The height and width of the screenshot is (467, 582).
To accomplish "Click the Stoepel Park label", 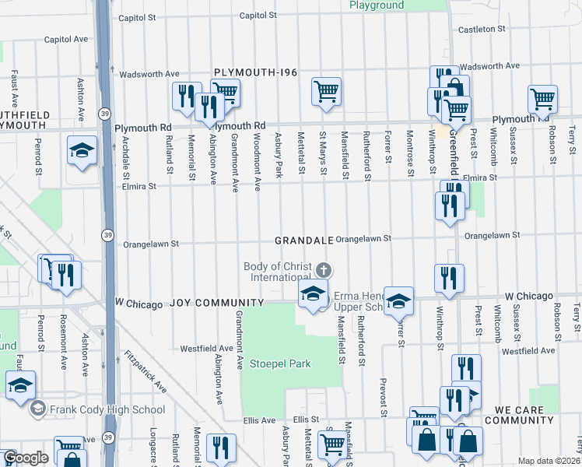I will [x=279, y=363].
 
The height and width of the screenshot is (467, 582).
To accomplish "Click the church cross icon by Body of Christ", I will [x=324, y=270].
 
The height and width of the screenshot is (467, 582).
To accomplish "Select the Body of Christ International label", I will [x=276, y=272].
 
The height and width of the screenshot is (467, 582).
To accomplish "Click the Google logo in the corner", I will [x=25, y=458].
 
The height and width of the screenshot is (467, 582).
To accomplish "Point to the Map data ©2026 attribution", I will [x=549, y=461].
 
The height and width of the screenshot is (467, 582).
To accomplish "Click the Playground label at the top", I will [x=377, y=5].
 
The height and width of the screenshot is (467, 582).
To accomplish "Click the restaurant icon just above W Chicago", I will [x=449, y=279].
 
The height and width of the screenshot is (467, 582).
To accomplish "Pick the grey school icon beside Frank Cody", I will [x=36, y=409].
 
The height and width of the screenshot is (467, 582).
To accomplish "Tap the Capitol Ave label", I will [x=66, y=39].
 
